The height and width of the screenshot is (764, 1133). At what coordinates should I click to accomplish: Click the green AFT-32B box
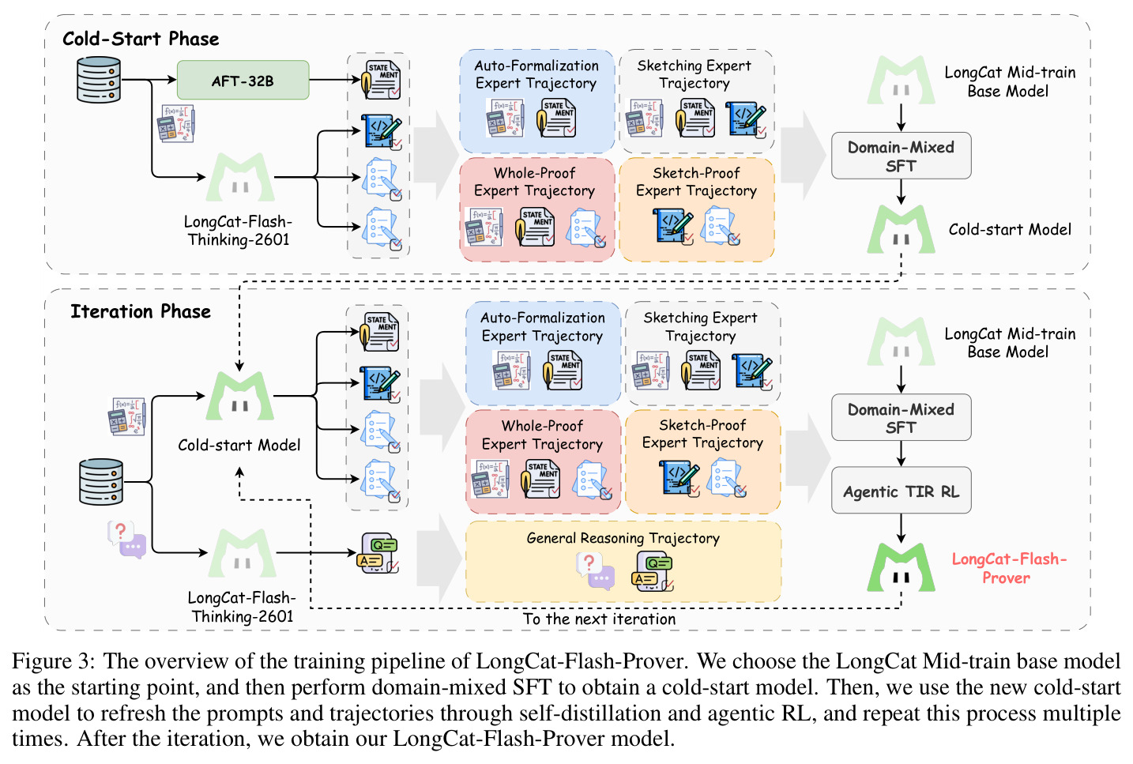243,80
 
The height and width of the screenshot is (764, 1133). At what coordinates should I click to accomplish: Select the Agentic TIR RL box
901,491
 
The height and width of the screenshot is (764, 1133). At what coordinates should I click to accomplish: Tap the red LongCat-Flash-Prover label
1009,568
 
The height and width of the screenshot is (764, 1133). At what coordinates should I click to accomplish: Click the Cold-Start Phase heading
141,39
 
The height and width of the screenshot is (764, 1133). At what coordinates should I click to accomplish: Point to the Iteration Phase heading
141,311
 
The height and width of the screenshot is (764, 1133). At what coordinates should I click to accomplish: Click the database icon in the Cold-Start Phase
99,79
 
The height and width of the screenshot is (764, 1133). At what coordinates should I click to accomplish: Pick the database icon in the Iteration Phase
101,481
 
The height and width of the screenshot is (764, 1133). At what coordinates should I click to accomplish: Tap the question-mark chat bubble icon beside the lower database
127,540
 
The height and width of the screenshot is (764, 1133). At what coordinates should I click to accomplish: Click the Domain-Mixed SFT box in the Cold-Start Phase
901,156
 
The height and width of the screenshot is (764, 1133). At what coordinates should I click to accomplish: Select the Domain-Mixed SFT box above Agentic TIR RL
901,417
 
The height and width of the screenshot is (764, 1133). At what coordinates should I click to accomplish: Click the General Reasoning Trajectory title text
623,538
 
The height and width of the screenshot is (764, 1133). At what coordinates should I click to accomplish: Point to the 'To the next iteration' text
599,619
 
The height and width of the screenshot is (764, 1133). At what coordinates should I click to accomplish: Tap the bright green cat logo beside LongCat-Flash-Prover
901,567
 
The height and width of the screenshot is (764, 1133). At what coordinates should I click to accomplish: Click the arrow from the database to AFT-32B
149,79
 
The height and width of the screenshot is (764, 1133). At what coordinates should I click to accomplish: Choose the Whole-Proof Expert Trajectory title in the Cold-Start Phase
535,182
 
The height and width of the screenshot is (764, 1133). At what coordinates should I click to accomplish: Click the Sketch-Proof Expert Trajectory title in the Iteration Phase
702,434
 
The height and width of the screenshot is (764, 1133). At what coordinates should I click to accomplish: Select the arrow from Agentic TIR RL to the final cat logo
901,529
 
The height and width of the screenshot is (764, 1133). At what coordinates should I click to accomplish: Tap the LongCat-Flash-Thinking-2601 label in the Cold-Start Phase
239,231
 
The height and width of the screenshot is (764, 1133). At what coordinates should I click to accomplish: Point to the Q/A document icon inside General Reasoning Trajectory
653,571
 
